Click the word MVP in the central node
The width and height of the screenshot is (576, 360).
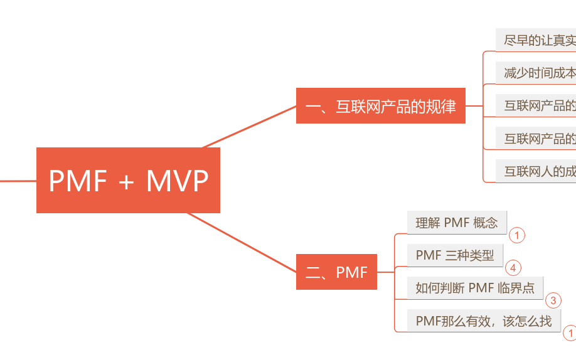pos(177,181)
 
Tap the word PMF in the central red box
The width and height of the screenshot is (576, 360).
pos(78,181)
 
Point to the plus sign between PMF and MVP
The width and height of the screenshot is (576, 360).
pos(126,182)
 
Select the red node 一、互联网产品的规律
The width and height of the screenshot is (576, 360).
pos(380,106)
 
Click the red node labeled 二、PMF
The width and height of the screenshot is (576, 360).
pos(336,272)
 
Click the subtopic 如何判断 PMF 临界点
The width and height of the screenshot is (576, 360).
pos(475,288)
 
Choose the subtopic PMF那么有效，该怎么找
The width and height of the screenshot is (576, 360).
pos(483,321)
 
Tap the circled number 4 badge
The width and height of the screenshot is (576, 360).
pos(513,268)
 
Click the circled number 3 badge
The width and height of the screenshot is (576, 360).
pos(553,300)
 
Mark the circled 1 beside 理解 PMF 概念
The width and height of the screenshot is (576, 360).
pos(516,235)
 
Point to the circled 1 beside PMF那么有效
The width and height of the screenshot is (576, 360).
pos(570,333)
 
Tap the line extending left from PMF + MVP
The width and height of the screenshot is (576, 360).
pos(18,181)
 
